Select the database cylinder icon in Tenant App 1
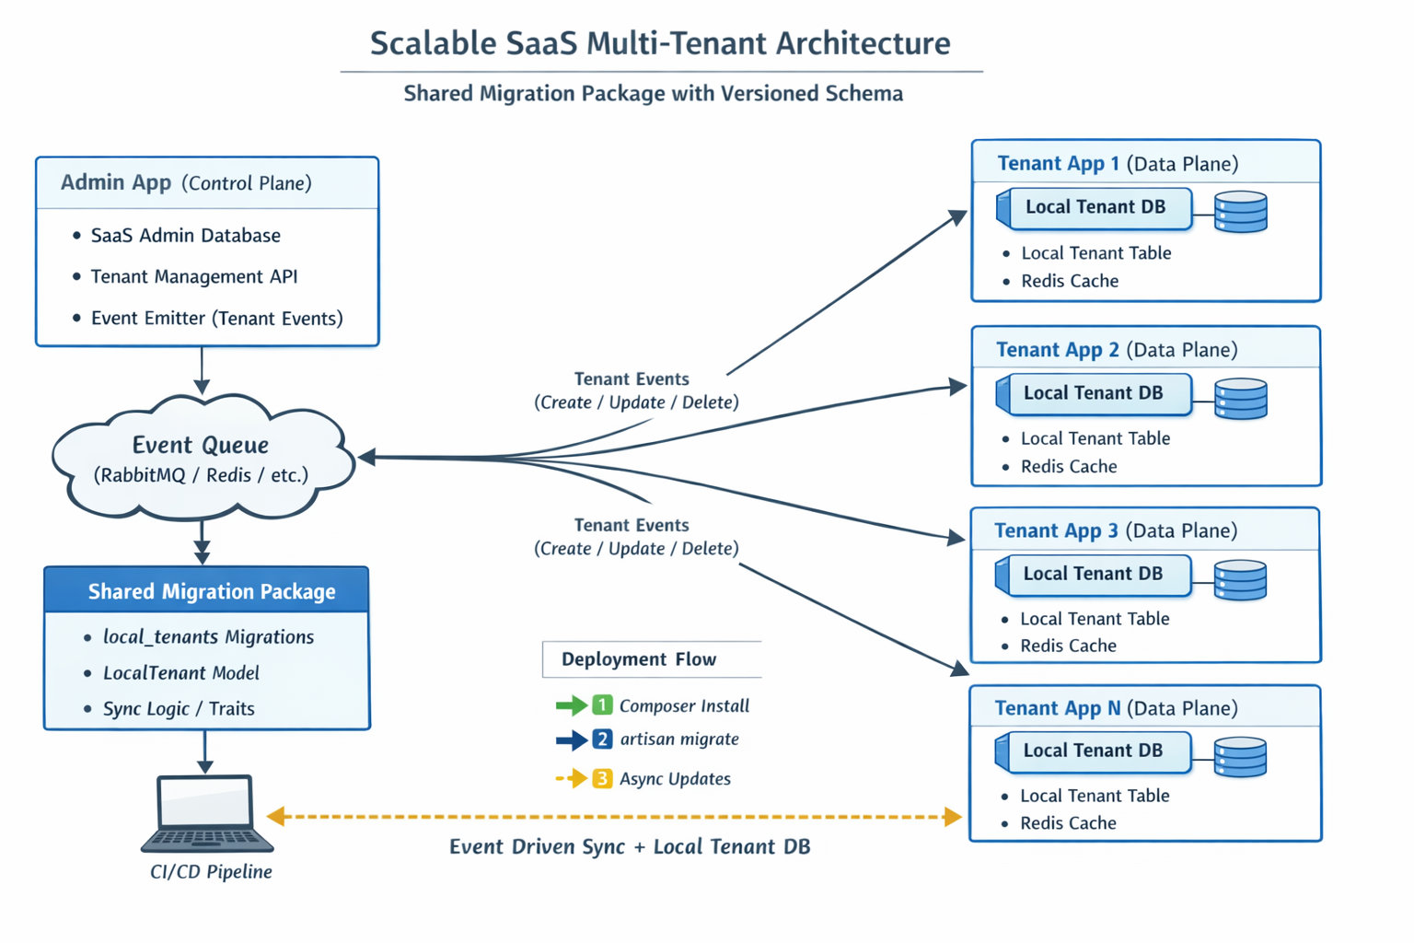(x=1240, y=212)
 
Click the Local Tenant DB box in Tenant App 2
(x=1094, y=393)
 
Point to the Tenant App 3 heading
(x=1056, y=530)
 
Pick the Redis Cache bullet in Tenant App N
(x=1068, y=823)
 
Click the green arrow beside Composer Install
(x=571, y=706)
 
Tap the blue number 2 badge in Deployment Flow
(x=602, y=739)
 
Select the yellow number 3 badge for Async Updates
(x=602, y=779)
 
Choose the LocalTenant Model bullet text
(x=180, y=673)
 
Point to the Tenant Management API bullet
(x=193, y=276)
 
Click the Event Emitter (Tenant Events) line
(x=216, y=319)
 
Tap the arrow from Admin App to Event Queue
(x=202, y=371)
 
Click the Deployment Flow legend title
(x=639, y=659)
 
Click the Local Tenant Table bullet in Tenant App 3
(x=1095, y=619)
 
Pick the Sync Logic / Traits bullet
(x=179, y=709)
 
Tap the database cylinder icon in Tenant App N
(x=1240, y=756)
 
